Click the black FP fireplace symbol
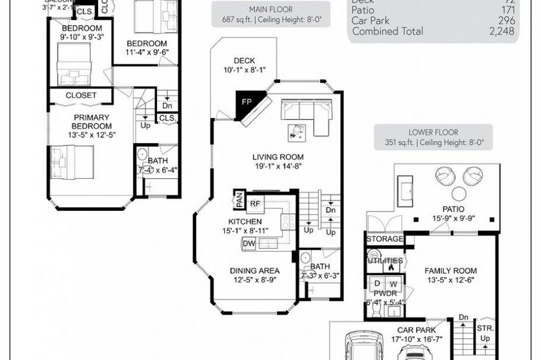click(x=246, y=101)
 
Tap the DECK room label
click(x=244, y=61)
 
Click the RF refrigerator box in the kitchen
click(x=255, y=204)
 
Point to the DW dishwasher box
click(x=249, y=244)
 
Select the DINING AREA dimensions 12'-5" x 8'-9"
click(x=255, y=281)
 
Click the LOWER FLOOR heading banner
click(x=433, y=137)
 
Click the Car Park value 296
click(x=506, y=21)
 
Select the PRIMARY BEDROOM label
click(x=92, y=121)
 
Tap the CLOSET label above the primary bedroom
click(x=81, y=95)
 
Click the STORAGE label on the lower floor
click(x=385, y=239)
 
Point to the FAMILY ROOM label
click(x=451, y=271)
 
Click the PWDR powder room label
click(x=381, y=293)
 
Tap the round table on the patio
click(x=458, y=194)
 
